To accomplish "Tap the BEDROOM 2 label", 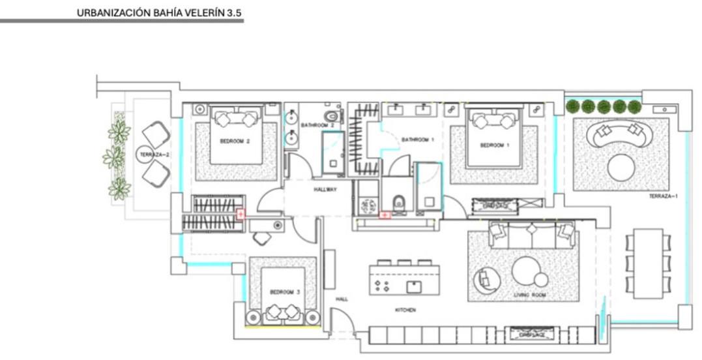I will [235, 141].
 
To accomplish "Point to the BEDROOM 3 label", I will [285, 293].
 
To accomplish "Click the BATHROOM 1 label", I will [418, 140].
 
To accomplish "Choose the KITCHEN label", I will [405, 310].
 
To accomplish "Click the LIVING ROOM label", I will [529, 295].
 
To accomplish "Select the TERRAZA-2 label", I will [154, 155].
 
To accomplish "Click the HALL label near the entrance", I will [342, 299].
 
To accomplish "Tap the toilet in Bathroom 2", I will [332, 116].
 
